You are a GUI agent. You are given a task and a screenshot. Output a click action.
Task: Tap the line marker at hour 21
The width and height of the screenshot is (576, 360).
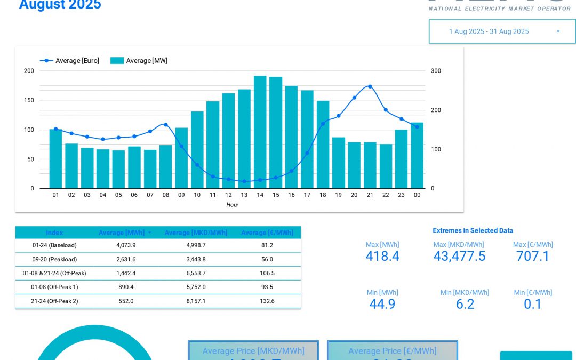(x=370, y=86)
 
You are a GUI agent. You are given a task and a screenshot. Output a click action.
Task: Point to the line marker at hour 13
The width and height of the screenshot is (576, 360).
(x=244, y=181)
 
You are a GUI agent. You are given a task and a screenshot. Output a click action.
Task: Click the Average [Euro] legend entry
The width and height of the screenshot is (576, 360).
(x=70, y=61)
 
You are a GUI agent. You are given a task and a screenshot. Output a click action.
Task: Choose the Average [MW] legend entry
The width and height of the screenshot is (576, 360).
(x=139, y=61)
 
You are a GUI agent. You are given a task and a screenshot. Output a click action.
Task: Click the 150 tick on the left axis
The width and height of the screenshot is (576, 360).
(x=29, y=100)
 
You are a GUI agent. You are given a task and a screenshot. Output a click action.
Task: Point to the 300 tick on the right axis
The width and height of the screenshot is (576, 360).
(x=436, y=71)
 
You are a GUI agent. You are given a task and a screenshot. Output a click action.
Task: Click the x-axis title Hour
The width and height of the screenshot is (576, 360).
(x=232, y=205)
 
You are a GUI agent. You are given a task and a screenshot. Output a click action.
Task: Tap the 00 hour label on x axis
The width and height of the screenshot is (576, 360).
(x=417, y=195)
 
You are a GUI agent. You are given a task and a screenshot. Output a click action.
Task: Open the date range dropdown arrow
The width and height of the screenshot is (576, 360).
(x=558, y=31)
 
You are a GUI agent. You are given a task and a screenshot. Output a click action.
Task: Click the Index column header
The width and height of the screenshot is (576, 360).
(x=54, y=233)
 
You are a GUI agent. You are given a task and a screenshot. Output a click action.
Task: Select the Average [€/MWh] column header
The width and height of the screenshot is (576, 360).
(x=267, y=233)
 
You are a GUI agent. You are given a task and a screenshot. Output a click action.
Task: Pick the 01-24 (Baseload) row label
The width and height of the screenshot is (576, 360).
(x=54, y=245)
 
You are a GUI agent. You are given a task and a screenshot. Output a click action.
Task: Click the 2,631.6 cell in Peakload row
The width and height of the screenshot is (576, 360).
(x=126, y=259)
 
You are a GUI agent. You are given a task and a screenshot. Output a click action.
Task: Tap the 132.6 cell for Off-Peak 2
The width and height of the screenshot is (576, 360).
(x=267, y=301)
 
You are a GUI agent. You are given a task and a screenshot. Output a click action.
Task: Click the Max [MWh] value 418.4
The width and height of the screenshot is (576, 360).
(x=382, y=256)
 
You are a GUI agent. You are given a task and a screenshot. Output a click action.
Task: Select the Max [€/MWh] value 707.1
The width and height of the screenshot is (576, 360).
(x=533, y=256)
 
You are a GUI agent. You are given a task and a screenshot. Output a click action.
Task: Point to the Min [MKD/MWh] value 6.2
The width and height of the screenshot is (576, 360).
(x=465, y=304)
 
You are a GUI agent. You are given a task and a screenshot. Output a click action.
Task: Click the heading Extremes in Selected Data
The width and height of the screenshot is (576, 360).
(x=473, y=230)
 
